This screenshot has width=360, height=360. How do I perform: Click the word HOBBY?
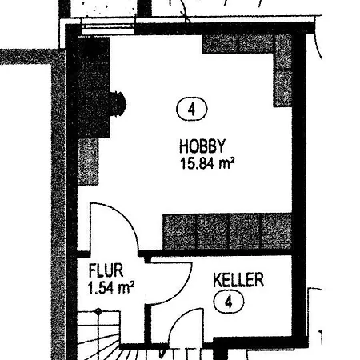pos(202,146)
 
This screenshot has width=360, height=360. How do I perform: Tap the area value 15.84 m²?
pos(207,163)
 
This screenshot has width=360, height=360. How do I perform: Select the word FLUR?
pos(106,270)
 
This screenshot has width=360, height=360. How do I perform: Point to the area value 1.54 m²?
pos(110,288)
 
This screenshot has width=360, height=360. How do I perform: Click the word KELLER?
pos(238,280)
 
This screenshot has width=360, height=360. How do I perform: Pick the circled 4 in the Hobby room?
pos(192,109)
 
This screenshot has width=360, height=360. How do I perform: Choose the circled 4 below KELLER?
pos(229,302)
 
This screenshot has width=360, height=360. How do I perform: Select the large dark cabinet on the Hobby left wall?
pos(94,87)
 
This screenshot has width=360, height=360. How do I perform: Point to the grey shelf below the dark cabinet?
pos(88,162)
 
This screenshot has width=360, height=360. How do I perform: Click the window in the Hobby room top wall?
pos(108,26)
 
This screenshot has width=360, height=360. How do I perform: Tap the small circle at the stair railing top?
pos(98,311)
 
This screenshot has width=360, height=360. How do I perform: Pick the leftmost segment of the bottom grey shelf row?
pos(179,231)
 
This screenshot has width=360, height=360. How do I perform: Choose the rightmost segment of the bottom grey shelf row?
pos(276,231)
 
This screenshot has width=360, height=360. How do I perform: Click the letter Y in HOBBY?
pos(221,146)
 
